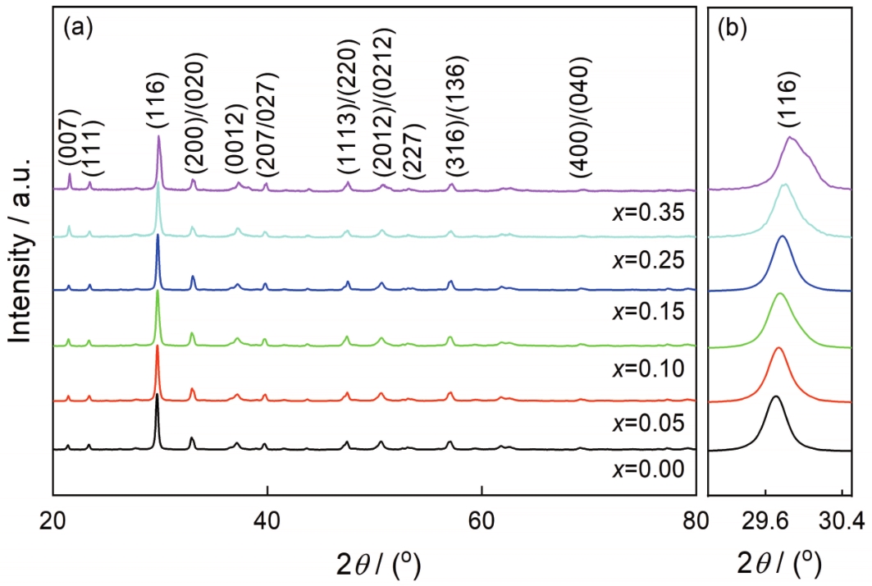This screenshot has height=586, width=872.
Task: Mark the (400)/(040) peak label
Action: (x=582, y=117)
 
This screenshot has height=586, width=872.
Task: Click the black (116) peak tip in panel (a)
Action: (x=157, y=395)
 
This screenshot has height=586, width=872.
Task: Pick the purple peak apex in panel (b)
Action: (x=790, y=137)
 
